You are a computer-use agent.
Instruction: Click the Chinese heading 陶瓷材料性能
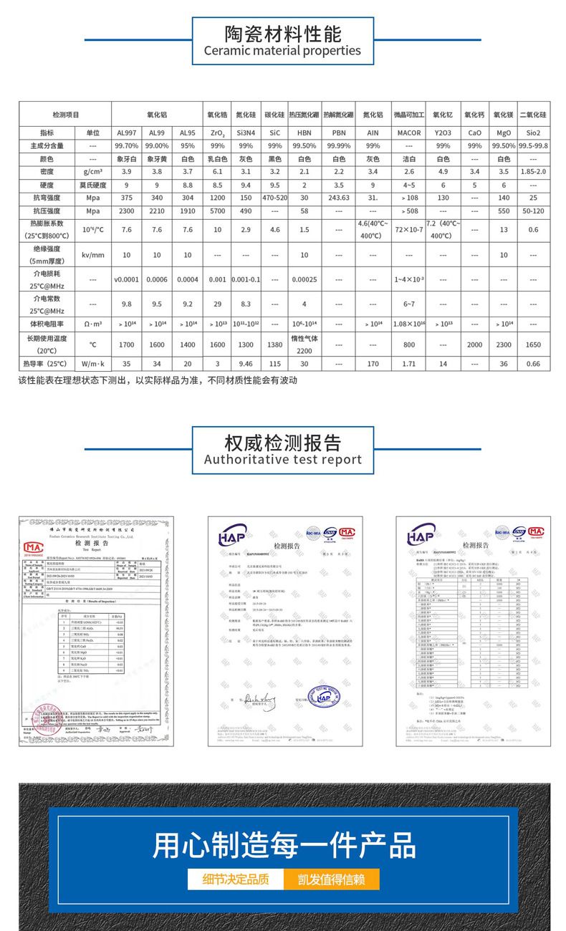282,34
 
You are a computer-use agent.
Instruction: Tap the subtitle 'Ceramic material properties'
282,51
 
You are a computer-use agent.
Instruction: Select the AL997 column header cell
127,132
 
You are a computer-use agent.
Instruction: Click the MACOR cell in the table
409,132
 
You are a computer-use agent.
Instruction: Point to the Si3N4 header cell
245,132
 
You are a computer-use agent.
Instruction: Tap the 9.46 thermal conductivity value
245,364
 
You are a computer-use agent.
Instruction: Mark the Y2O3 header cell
443,132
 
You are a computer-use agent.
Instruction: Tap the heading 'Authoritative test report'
282,459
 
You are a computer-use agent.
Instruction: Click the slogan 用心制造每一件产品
282,846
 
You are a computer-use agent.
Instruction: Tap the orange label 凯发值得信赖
331,880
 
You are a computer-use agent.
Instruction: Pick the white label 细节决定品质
236,880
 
